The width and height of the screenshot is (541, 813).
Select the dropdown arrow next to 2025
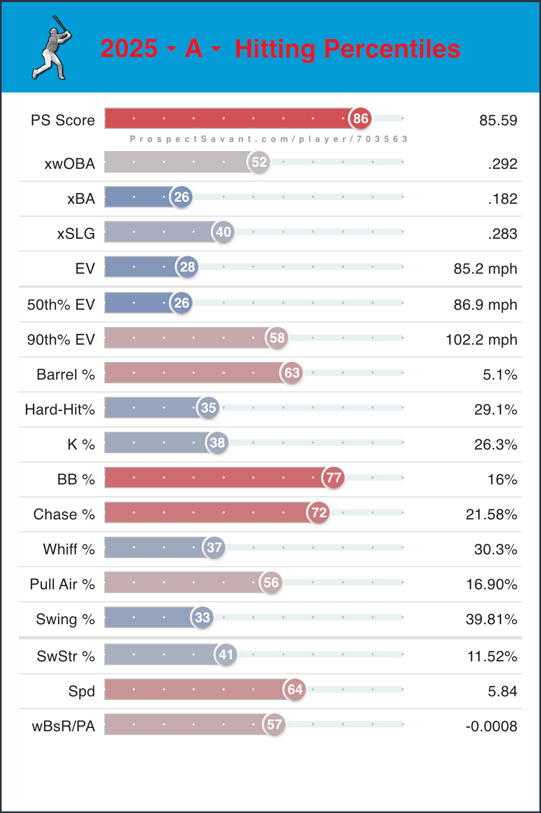172,49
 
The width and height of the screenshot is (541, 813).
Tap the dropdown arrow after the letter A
216,49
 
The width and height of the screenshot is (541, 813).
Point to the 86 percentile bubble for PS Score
360,118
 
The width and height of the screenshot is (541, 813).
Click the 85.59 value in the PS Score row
498,120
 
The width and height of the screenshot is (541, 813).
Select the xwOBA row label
70,163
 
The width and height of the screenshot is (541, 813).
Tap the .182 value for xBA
503,199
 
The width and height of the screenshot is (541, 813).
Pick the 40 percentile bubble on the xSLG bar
223,232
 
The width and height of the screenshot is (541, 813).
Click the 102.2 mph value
481,340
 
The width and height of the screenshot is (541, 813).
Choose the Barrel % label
66,374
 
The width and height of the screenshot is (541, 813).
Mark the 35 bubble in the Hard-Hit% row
208,408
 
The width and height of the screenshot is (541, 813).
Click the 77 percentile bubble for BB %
333,477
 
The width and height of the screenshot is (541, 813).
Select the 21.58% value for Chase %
492,515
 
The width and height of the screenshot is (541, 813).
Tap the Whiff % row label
69,549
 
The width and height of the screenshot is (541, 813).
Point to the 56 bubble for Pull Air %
271,583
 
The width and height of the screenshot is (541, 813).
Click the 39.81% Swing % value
492,619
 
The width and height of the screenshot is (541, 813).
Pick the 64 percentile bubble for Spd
295,689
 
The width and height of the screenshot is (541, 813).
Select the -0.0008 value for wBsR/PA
492,726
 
